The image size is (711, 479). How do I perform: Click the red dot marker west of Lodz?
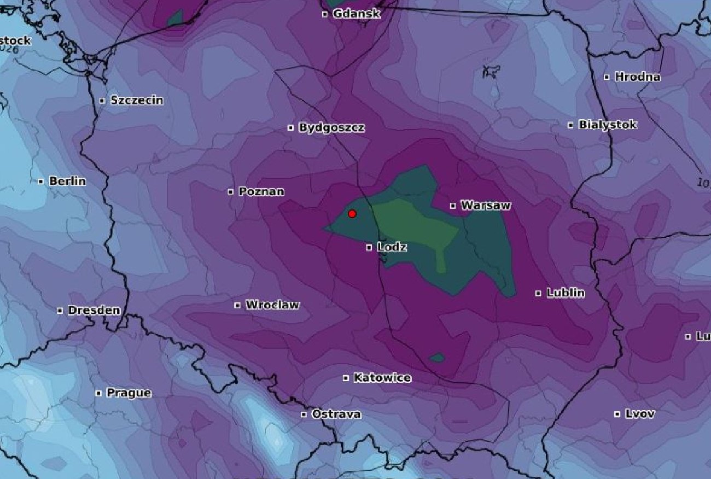tap(352, 214)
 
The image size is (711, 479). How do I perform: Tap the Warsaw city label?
tap(486, 206)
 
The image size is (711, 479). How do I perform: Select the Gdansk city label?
tap(357, 14)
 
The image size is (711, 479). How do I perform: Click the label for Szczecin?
tap(136, 100)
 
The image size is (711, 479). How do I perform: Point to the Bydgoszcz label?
tap(331, 128)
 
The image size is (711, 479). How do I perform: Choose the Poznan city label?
tap(261, 191)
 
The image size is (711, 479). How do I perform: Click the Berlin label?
tap(67, 181)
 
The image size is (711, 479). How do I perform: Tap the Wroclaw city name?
tap(272, 305)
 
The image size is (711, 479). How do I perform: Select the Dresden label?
tap(94, 310)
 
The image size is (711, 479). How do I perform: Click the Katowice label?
tap(382, 378)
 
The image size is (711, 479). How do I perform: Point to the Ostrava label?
tap(336, 414)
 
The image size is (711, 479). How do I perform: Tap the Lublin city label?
tap(566, 293)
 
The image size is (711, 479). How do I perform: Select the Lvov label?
tap(639, 414)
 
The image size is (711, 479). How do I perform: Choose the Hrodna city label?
tap(637, 77)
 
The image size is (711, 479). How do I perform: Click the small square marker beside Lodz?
tap(369, 248)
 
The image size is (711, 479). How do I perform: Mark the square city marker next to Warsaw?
tap(453, 206)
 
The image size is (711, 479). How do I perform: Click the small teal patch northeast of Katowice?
tap(437, 358)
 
